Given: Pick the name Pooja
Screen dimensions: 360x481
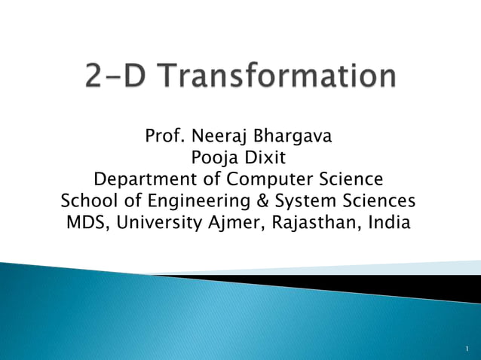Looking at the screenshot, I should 211,159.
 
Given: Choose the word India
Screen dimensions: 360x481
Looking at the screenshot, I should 388,224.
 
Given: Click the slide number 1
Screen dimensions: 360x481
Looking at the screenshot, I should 467,347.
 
